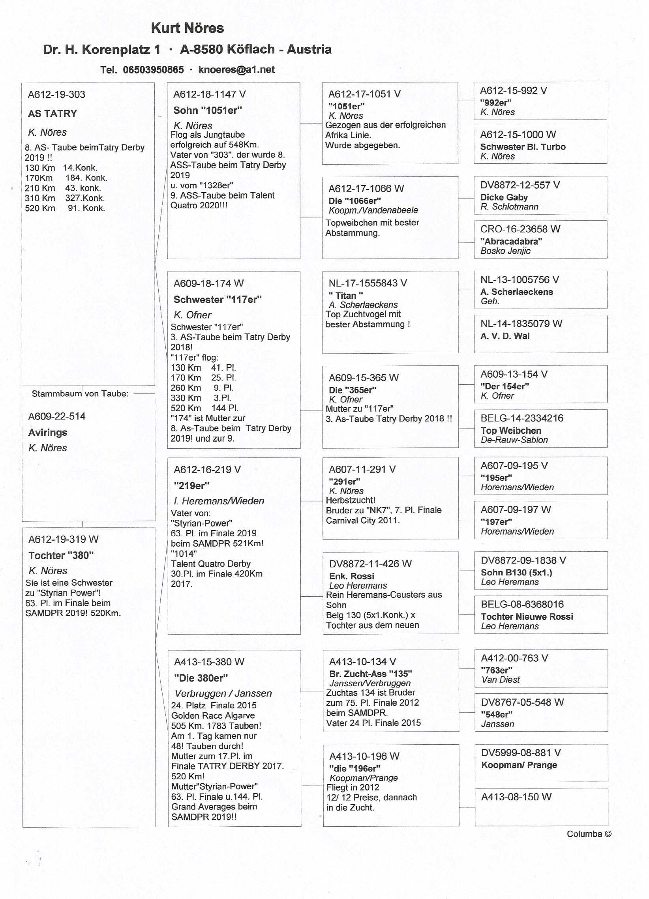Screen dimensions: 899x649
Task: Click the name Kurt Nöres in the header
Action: (x=187, y=28)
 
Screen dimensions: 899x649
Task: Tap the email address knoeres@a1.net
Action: (x=236, y=70)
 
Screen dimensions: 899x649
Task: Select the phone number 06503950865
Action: (x=153, y=70)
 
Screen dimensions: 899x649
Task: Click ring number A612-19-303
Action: (x=56, y=95)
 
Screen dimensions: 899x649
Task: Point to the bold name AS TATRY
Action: (x=53, y=114)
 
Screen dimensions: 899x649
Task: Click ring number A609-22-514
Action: (x=57, y=416)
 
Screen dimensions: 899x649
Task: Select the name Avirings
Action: (x=48, y=433)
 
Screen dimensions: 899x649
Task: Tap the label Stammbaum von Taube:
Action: (x=80, y=393)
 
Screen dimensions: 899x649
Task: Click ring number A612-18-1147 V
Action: (x=209, y=94)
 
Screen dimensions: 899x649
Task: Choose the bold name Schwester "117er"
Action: (x=218, y=300)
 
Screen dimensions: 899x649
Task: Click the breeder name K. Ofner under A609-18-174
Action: (x=192, y=315)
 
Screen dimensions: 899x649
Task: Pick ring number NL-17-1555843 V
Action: (x=368, y=283)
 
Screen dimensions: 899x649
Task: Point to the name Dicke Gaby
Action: (x=504, y=197)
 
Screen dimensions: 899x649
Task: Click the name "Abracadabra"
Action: (x=511, y=242)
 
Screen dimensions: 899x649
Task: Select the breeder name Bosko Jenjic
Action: (x=505, y=251)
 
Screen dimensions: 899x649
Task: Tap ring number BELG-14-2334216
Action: (x=522, y=418)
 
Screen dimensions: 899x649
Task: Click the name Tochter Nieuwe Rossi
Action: (x=527, y=617)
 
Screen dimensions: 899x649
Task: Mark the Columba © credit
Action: (x=589, y=834)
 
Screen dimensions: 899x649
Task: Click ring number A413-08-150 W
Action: (x=516, y=797)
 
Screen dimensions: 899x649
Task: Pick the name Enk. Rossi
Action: (x=352, y=576)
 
